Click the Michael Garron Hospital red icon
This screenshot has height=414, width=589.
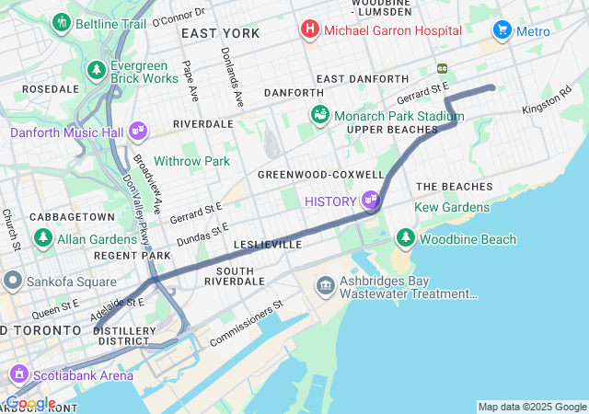[x=310, y=30]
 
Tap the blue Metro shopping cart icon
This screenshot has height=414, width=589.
[x=502, y=30]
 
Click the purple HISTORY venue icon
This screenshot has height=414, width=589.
[x=371, y=200]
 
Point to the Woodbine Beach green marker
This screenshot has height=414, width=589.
[x=406, y=239]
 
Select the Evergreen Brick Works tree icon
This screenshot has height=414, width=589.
[x=97, y=70]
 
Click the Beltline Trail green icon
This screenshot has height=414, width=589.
[x=62, y=21]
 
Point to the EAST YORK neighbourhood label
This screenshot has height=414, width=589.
[x=220, y=33]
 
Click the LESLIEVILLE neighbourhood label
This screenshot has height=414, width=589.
[x=268, y=246]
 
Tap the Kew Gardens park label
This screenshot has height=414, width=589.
[x=453, y=208]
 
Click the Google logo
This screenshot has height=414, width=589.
[x=29, y=403]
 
